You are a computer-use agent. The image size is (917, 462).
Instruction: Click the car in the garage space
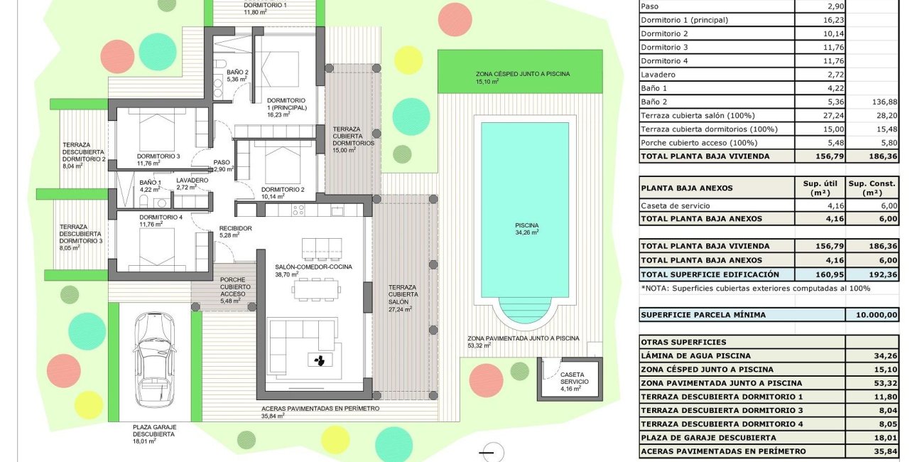[x=156, y=359]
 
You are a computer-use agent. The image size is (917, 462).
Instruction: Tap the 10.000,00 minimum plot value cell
[x=872, y=315]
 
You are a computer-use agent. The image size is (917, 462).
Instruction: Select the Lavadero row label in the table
[x=656, y=75]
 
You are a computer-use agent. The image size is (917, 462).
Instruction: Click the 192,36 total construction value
[x=872, y=274]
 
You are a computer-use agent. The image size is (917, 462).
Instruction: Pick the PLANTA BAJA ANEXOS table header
[x=686, y=188]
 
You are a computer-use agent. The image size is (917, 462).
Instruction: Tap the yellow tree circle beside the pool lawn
[x=408, y=60]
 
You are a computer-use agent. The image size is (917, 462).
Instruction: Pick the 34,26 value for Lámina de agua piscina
[x=872, y=355]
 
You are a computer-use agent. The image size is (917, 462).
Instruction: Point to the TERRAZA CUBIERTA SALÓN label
[x=403, y=297]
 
